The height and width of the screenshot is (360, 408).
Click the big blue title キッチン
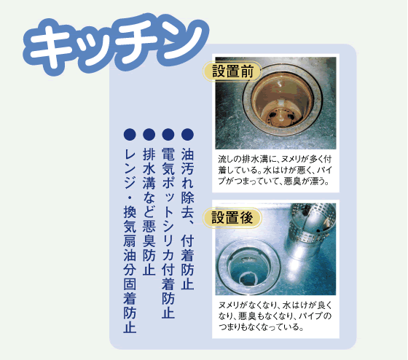116,44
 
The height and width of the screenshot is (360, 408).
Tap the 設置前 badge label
232,71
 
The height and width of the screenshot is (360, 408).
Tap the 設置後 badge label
232,218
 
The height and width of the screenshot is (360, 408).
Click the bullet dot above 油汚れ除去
187,135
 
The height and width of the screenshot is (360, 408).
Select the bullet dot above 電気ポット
168,135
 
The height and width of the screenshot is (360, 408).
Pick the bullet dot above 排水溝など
149,135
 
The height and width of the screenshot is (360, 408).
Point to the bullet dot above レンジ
130,135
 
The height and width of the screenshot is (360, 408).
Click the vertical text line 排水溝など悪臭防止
149,211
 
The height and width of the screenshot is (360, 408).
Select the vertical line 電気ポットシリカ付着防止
168,233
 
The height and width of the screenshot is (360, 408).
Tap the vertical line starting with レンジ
130,240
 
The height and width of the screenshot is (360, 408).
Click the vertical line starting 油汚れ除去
187,219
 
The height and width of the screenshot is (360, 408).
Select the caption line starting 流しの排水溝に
275,159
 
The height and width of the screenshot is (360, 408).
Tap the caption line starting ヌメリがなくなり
275,305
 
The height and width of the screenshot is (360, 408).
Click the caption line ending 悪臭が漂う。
274,181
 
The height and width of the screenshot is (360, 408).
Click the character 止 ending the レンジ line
130,327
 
